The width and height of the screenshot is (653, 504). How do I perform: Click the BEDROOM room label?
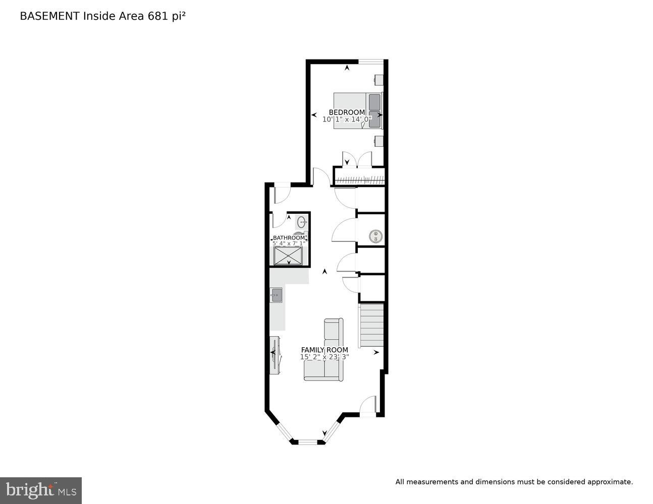(x=347, y=112)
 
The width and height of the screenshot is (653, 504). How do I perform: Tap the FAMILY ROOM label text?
(x=324, y=350)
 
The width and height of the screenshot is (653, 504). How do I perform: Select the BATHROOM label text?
(x=289, y=238)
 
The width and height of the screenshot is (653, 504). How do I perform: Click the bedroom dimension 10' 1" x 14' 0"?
(x=347, y=119)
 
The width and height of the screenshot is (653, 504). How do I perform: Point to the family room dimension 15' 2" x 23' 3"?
(x=324, y=357)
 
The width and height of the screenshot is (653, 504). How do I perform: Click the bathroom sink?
(x=302, y=222)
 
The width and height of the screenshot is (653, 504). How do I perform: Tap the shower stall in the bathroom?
(x=289, y=256)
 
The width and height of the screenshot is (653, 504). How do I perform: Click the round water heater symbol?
(x=375, y=235)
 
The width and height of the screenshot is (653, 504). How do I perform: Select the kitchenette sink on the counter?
(x=276, y=295)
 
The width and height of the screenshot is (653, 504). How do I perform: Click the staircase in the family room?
(x=371, y=325)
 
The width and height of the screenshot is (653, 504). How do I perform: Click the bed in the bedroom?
(x=358, y=110)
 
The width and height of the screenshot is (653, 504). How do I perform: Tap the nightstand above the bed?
(x=378, y=80)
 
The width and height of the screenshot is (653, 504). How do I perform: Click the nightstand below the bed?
(x=378, y=140)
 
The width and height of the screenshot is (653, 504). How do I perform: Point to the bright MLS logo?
(x=40, y=490)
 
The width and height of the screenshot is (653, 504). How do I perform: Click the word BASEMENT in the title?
(x=49, y=16)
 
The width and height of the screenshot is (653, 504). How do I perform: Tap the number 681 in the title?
(x=157, y=16)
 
